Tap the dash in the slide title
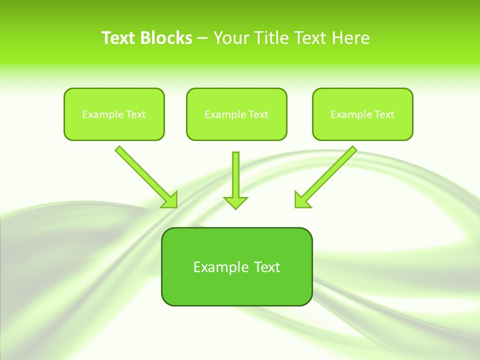(202, 38)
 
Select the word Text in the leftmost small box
(136, 114)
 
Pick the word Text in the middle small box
(258, 114)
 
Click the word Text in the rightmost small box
(384, 114)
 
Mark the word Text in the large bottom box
(267, 267)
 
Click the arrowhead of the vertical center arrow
(235, 202)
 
